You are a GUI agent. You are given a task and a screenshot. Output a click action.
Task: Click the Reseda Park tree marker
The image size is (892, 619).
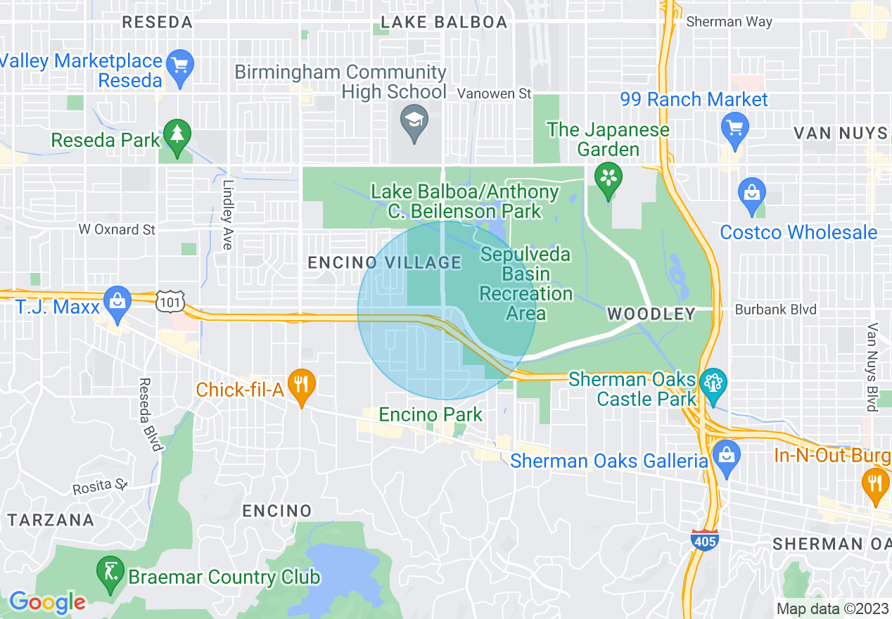click(x=177, y=134)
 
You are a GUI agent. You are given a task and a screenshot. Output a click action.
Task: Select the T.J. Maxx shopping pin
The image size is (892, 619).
click(x=117, y=300)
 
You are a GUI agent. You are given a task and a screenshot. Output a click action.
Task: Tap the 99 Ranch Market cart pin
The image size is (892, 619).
click(x=735, y=129)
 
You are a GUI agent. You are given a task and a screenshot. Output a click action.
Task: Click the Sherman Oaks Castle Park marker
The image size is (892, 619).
click(x=714, y=384)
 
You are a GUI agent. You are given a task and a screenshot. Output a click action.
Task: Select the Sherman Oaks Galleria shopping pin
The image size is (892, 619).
click(x=725, y=454)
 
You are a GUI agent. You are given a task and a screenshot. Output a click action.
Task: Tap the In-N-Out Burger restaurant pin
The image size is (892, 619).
click(x=875, y=484)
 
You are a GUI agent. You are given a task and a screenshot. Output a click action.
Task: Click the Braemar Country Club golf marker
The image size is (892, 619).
click(x=110, y=571)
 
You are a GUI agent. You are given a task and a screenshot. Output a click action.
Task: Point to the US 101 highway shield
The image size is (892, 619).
click(x=172, y=302)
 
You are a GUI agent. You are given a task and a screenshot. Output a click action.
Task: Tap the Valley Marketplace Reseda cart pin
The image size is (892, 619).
click(x=181, y=65)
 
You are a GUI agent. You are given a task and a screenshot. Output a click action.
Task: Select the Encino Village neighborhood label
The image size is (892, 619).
click(x=385, y=262)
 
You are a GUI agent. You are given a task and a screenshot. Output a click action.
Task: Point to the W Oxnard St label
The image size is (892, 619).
click(x=117, y=230)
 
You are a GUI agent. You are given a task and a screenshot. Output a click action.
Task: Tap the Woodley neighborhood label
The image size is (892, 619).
click(x=651, y=314)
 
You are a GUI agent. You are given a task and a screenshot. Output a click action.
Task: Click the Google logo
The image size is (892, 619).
click(x=47, y=601)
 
